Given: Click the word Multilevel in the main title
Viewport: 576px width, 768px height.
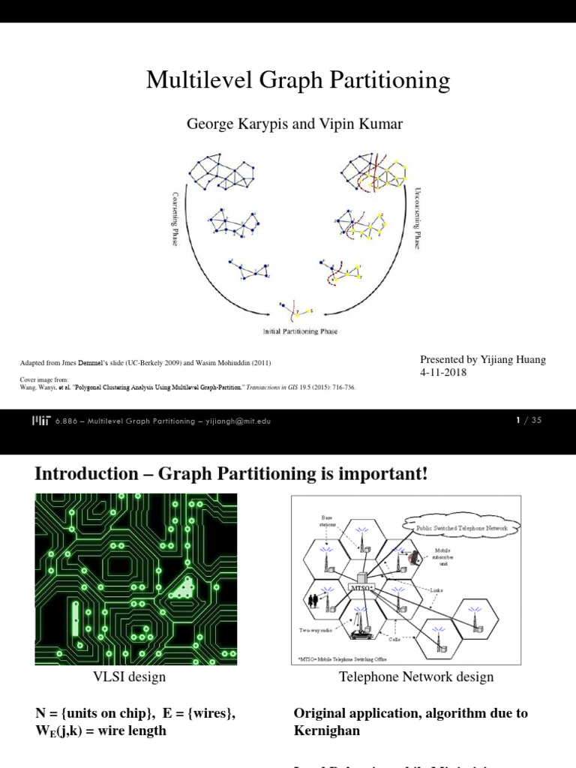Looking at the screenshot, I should click(x=193, y=80).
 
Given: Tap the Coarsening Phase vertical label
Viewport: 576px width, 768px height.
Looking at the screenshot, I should click(x=175, y=218).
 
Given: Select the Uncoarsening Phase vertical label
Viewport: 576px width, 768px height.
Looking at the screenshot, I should click(x=418, y=218).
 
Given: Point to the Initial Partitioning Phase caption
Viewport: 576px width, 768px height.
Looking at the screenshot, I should click(x=299, y=331).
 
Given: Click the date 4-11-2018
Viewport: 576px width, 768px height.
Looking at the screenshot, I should click(x=443, y=373).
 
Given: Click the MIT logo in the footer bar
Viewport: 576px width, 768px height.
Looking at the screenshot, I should click(x=43, y=421).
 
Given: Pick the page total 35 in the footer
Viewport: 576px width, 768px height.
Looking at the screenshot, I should click(x=535, y=421).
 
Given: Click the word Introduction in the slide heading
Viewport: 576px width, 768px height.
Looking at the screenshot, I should click(x=80, y=474).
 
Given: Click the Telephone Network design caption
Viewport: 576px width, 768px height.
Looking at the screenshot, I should click(x=416, y=677).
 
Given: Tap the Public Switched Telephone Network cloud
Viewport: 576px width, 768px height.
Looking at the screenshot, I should click(x=462, y=528).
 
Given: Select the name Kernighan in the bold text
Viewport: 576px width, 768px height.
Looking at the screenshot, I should click(x=326, y=730).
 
